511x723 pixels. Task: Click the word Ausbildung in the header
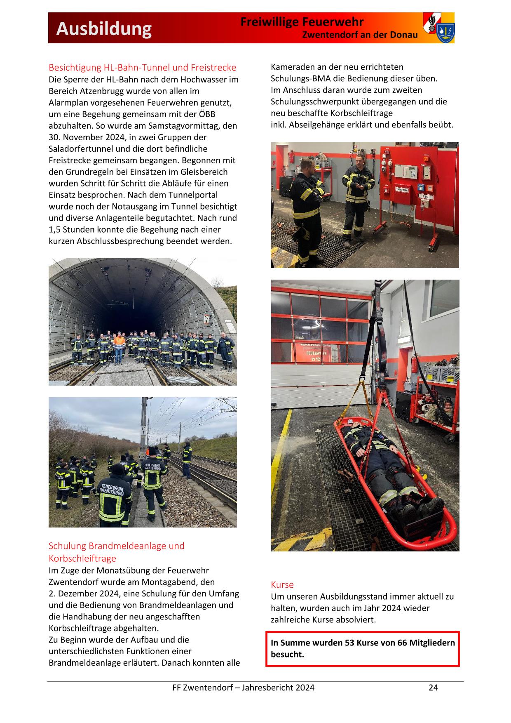coord(104,29)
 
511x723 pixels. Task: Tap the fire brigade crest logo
coord(438,28)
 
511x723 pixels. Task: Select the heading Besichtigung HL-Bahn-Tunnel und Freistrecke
coord(142,67)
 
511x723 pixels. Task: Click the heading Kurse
coord(282,584)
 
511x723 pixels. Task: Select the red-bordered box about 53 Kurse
coord(362,648)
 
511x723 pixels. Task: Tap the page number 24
coord(433,687)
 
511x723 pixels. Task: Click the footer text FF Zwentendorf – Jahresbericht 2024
coord(243,687)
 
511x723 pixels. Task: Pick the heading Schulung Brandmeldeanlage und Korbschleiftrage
coord(117,552)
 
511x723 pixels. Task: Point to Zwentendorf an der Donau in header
coord(360,35)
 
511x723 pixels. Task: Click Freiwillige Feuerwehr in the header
coord(302,22)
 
